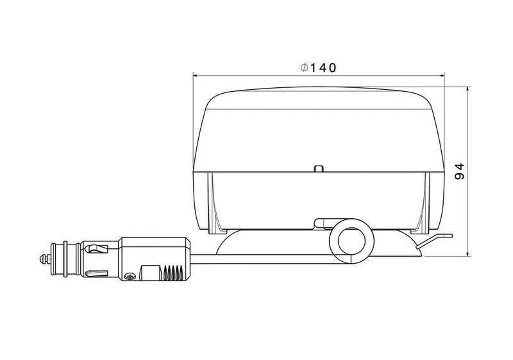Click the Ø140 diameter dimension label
(x=319, y=67)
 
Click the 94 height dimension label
(x=458, y=171)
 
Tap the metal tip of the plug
(x=43, y=260)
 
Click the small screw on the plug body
(x=130, y=277)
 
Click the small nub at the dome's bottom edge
(x=319, y=169)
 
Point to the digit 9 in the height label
(x=458, y=177)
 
